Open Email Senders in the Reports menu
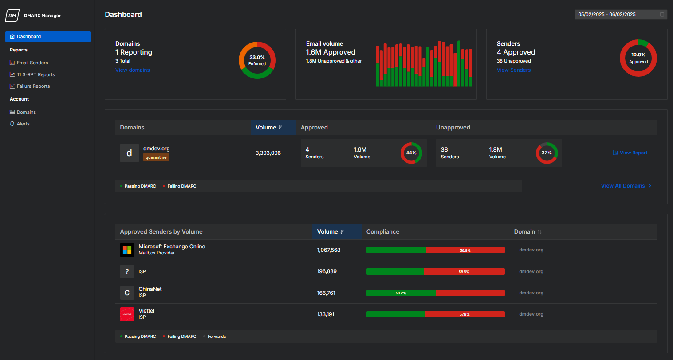coord(32,63)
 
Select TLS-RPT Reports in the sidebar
coord(35,74)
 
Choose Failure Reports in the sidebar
coord(33,86)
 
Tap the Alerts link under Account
coord(23,124)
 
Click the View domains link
coord(132,70)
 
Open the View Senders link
coord(513,70)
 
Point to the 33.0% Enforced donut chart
coord(257,60)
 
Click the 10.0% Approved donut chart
coord(638,58)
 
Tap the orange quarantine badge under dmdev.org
coord(156,157)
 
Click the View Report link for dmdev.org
coord(630,153)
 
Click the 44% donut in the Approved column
coord(411,153)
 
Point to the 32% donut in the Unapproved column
coord(547,153)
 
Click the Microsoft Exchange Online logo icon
coord(127,250)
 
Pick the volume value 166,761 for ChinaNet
coord(326,293)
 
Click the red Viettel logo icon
coord(127,314)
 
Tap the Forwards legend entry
coord(216,337)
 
